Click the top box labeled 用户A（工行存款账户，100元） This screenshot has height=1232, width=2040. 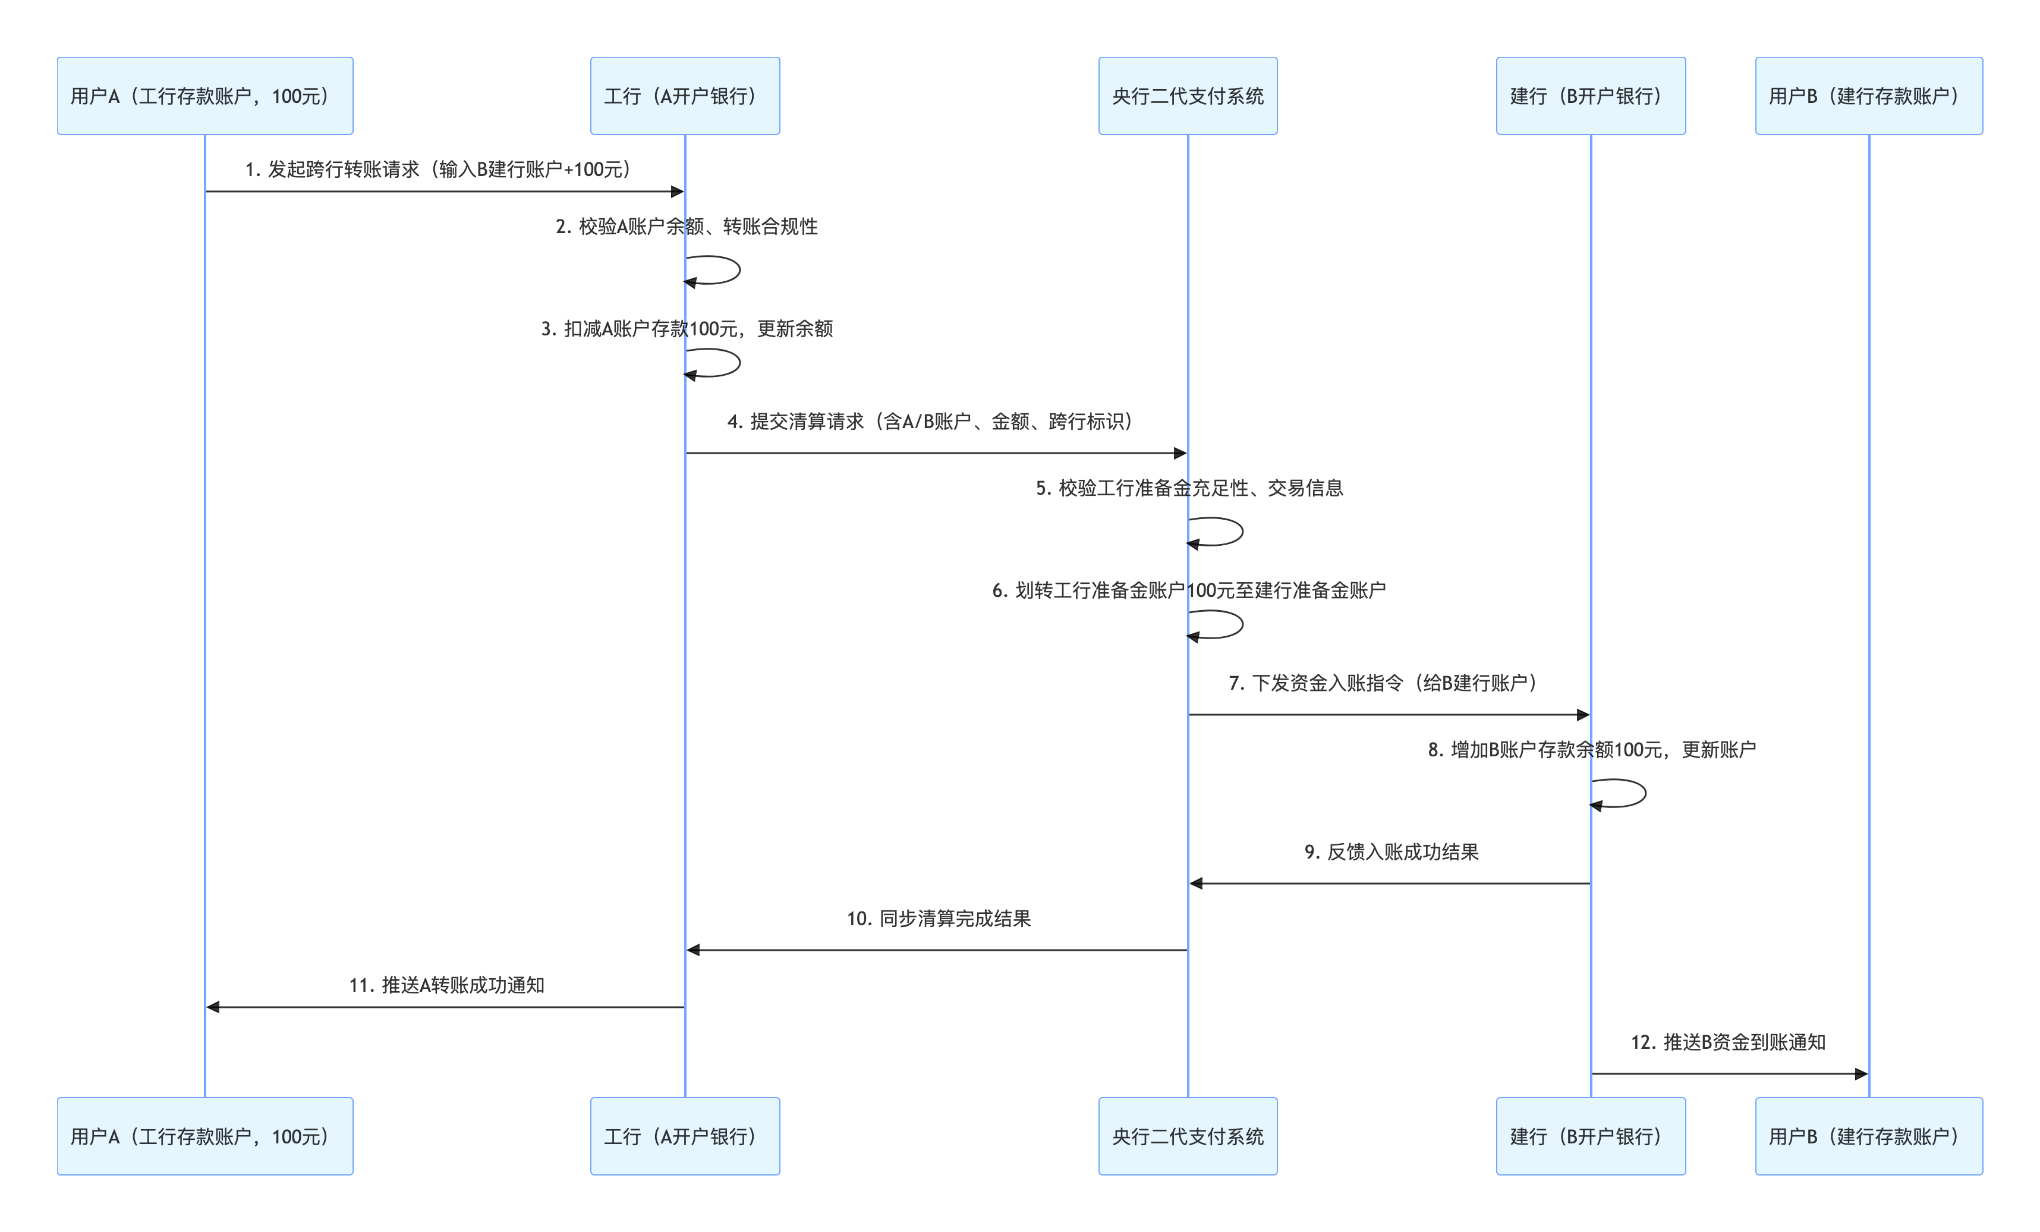coord(204,96)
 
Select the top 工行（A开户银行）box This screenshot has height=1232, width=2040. coord(685,96)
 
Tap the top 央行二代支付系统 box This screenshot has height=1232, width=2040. coord(1187,96)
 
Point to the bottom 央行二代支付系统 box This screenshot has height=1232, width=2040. coord(1187,1136)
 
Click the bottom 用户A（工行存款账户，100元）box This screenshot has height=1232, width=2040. coord(204,1136)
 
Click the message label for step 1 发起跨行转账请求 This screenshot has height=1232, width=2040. coord(439,169)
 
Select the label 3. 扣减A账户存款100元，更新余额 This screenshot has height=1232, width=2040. coord(687,329)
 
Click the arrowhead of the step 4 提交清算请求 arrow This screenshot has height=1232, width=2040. coord(1180,453)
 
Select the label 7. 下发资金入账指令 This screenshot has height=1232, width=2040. coord(1383,683)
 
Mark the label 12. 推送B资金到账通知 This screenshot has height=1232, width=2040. coord(1728,1042)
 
